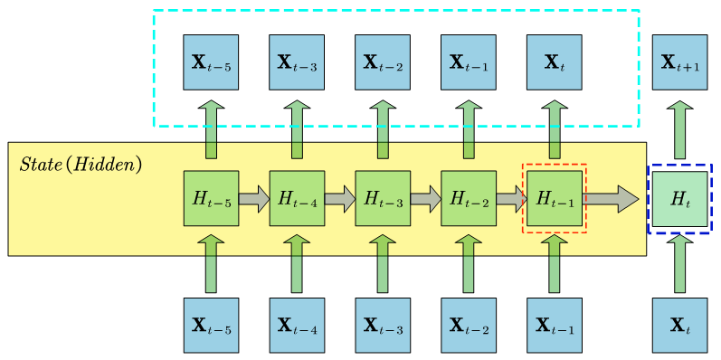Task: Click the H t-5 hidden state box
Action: click(x=211, y=198)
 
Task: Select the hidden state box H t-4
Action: click(x=297, y=198)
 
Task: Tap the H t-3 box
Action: click(x=383, y=198)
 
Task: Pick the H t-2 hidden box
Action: click(x=469, y=198)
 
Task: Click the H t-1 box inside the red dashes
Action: click(x=555, y=198)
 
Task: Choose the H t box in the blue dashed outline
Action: click(x=680, y=199)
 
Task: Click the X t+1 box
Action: click(x=680, y=62)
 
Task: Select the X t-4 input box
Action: click(x=297, y=326)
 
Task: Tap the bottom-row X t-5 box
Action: click(x=211, y=326)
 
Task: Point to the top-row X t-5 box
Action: click(x=211, y=62)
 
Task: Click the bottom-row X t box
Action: click(x=680, y=326)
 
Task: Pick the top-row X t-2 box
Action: click(x=383, y=62)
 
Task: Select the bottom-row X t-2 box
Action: click(x=469, y=326)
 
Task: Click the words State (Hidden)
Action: click(x=81, y=165)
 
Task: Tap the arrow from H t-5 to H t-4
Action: click(x=254, y=199)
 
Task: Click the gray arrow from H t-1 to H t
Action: click(x=611, y=199)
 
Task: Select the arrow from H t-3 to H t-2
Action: click(x=426, y=199)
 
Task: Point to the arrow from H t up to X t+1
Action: click(x=680, y=129)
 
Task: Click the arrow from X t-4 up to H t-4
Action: click(x=297, y=263)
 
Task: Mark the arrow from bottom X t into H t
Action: click(x=680, y=263)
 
